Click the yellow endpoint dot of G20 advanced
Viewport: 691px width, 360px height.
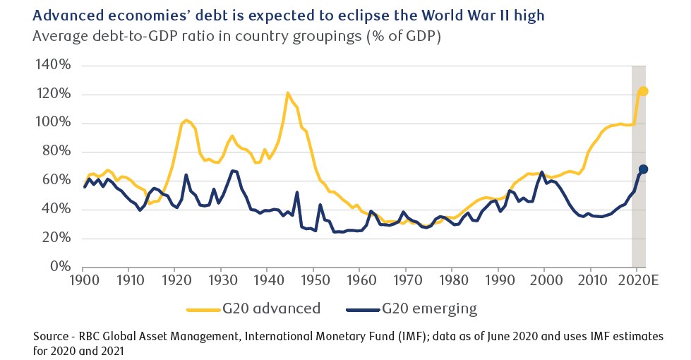[643, 91]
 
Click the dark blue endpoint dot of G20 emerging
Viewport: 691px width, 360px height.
[643, 169]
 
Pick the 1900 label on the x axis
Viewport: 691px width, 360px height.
[83, 280]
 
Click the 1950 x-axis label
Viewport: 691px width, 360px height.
[313, 280]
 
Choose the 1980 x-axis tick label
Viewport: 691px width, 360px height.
[452, 280]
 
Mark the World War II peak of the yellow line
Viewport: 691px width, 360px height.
[287, 92]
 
